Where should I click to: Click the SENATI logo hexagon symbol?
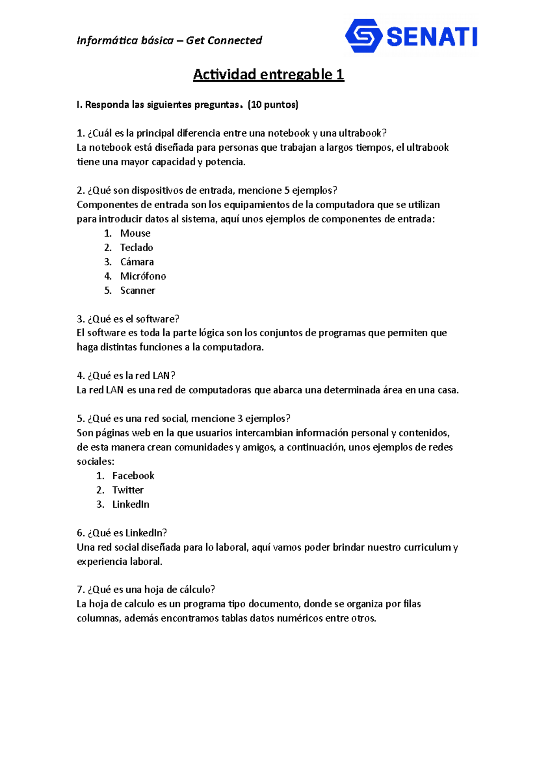coord(363,36)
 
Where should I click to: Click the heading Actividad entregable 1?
coord(268,74)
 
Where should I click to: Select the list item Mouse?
coord(135,233)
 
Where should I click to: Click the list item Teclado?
coord(136,248)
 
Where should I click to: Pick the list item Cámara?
coord(137,262)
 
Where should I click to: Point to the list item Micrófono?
coord(143,276)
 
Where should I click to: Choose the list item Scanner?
coord(137,290)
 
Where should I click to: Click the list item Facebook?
coord(133,476)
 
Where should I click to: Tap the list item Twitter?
coord(128,490)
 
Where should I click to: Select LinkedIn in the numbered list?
coord(131,504)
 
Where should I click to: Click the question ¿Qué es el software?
coord(128,319)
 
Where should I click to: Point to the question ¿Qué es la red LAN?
coord(126,376)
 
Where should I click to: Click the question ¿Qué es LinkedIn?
coord(122,533)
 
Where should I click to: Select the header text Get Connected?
coord(224,41)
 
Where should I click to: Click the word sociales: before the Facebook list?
coord(95,461)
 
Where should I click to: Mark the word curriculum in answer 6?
coord(427,547)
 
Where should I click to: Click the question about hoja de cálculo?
coord(146,589)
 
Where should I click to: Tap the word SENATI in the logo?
coord(432,37)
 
